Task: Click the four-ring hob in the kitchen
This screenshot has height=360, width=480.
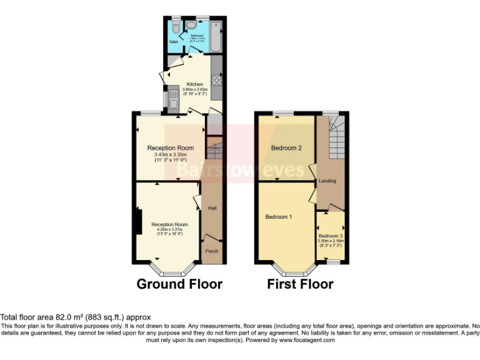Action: point(216,79)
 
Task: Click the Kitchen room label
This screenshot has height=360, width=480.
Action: point(194,84)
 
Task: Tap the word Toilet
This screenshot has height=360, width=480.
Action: point(173,42)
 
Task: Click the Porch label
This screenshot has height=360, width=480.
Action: point(211,251)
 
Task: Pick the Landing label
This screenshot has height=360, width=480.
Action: point(327,181)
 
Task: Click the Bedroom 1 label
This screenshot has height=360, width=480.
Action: point(278,217)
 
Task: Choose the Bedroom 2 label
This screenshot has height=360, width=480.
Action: point(286,148)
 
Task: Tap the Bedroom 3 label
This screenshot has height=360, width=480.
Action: point(331,236)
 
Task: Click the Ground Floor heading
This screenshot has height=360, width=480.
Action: point(179,284)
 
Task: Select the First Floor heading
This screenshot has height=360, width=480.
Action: point(300,284)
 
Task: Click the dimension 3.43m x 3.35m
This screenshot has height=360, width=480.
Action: point(170,154)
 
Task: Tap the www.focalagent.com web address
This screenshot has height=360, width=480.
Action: point(307,341)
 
